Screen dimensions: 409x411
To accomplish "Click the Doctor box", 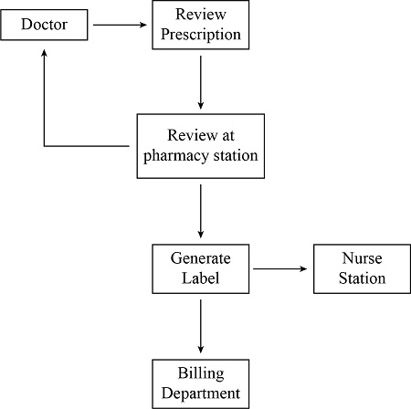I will tap(45, 25).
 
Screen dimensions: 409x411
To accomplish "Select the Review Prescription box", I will tap(199, 26).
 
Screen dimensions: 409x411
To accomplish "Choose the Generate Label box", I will tap(199, 268).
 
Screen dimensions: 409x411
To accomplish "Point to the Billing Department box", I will tap(199, 383).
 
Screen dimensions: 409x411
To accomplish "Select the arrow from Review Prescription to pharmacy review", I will tap(199, 82).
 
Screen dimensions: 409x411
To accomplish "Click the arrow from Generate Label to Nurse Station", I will tap(281, 269).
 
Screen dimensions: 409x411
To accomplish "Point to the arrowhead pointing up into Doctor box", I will tap(44, 53).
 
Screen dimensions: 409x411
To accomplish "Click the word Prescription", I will tap(199, 36).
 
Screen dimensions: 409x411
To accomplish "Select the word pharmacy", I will tap(174, 156).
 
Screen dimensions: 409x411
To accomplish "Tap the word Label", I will tap(199, 278).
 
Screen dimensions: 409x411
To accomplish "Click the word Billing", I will tap(199, 373).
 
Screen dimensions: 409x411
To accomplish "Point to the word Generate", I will tap(199, 258).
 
